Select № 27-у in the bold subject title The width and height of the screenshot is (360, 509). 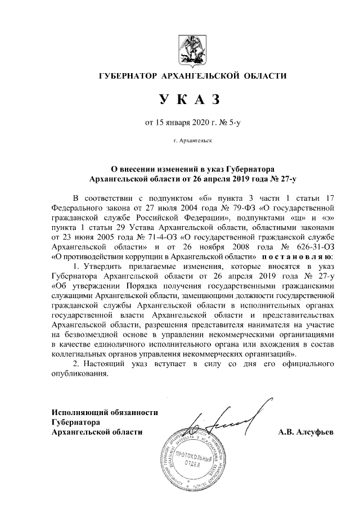click(282, 178)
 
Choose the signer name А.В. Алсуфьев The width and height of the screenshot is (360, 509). click(306, 432)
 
